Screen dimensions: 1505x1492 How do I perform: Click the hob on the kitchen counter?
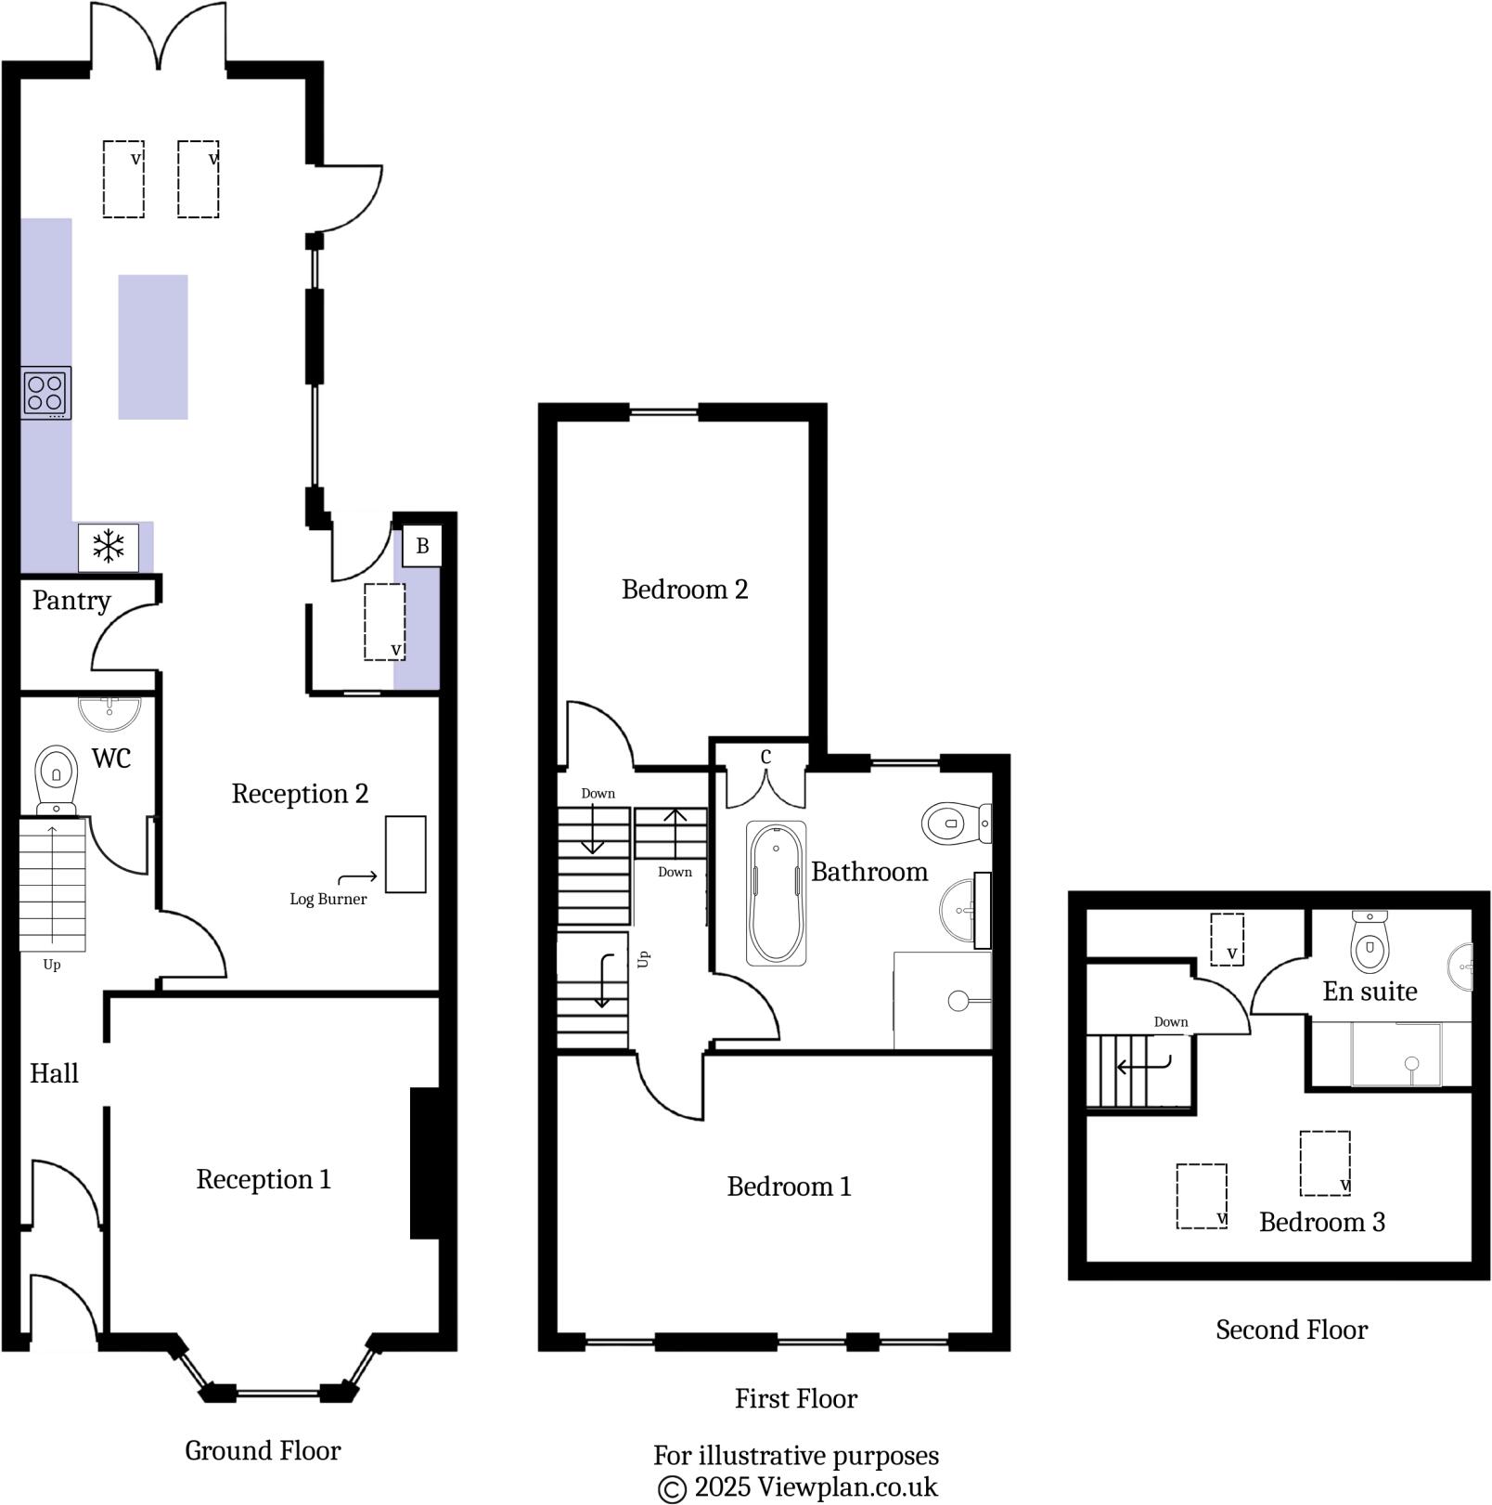point(45,393)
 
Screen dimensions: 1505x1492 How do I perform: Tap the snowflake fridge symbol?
point(109,546)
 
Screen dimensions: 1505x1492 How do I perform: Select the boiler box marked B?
point(422,546)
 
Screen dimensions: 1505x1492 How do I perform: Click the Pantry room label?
point(71,601)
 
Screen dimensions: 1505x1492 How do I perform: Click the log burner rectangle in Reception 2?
point(405,854)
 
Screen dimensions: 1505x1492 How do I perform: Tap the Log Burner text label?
point(328,899)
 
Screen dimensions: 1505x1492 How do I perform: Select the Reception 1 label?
point(264,1179)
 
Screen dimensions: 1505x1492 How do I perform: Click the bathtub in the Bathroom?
point(776,893)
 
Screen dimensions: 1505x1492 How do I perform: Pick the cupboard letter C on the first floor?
point(765,758)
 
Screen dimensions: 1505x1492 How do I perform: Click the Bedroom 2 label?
point(685,590)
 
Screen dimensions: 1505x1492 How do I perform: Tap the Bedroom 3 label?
point(1322,1222)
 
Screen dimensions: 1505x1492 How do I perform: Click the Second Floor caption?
point(1292,1330)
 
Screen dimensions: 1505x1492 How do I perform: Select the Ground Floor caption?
point(263,1450)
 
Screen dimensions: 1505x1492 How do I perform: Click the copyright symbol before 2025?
point(672,1488)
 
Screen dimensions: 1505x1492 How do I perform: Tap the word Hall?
point(54,1074)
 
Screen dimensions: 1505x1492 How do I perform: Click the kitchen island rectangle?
point(153,346)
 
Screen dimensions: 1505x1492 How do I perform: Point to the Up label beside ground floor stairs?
point(52,965)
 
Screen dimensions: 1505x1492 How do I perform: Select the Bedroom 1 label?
point(789,1187)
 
